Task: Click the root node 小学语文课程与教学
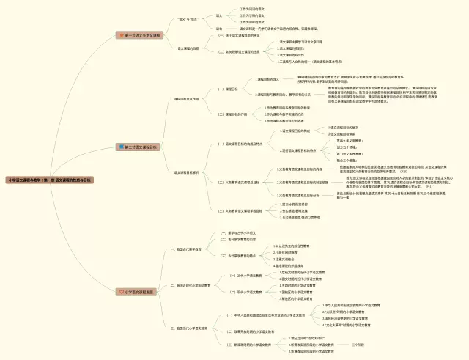(50, 179)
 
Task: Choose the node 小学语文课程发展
(139, 292)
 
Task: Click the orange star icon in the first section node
(122, 34)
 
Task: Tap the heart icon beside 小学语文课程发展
(122, 292)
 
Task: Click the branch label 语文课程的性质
(189, 48)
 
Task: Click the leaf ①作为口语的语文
(252, 9)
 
